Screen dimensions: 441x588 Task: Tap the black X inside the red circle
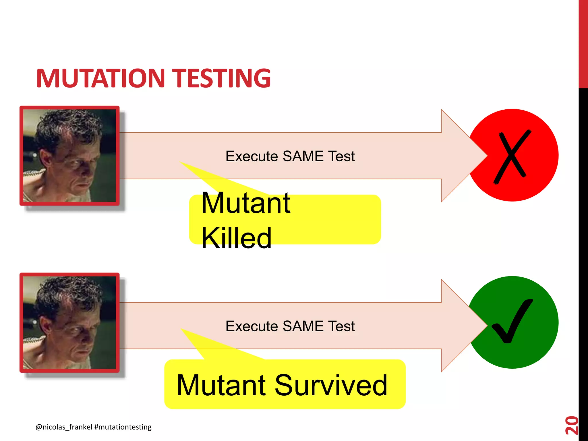click(x=512, y=156)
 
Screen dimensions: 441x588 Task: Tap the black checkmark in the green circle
click(x=512, y=322)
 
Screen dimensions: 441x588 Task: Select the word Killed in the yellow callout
click(x=236, y=238)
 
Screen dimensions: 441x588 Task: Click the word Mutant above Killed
click(x=246, y=203)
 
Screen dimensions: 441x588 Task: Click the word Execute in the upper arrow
click(x=252, y=156)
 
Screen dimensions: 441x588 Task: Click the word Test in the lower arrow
click(x=341, y=326)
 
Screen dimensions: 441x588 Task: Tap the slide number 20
click(x=571, y=425)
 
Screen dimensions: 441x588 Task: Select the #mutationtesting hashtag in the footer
click(x=123, y=427)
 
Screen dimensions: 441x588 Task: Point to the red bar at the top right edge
click(x=583, y=43)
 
